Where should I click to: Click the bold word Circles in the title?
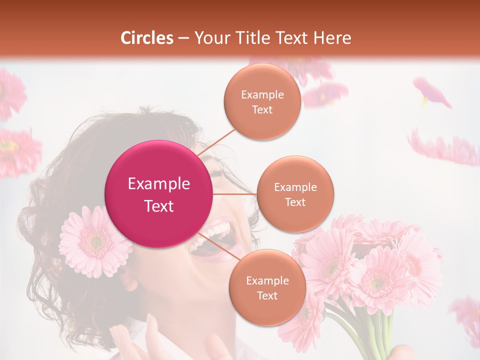coord(146,38)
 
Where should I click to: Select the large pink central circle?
coord(159,194)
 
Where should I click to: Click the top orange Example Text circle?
coord(262,101)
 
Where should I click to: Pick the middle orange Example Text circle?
coord(295,194)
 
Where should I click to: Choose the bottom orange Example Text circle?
coord(267,287)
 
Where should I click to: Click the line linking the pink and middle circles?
coord(235,194)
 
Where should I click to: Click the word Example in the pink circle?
coord(159,184)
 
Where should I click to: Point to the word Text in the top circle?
coord(262,109)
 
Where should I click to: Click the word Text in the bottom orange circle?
coord(267,295)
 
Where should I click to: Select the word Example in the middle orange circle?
coord(295,187)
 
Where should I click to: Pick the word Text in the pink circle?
coord(159,206)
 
